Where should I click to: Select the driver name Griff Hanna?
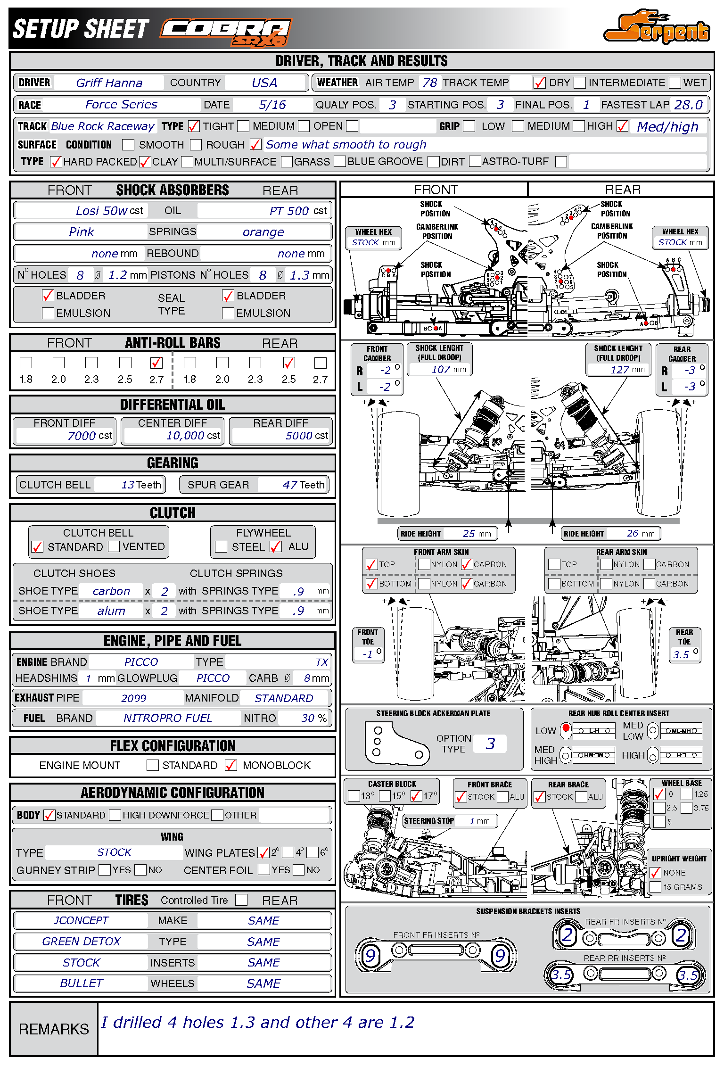click(109, 83)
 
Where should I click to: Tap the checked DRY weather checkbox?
click(539, 83)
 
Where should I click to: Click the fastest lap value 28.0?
click(688, 105)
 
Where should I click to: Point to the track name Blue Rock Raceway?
click(102, 126)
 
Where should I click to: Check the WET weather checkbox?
click(675, 83)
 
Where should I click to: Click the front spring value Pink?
click(81, 232)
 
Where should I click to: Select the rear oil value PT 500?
click(289, 211)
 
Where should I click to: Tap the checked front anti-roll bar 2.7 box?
click(156, 363)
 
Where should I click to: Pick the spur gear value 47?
click(290, 485)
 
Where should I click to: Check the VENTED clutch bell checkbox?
click(114, 546)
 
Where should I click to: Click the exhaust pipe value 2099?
click(133, 698)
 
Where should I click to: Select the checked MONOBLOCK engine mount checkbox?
click(231, 765)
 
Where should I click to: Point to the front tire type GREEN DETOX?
click(81, 942)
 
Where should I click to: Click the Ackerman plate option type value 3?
click(490, 744)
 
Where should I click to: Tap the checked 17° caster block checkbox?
click(416, 796)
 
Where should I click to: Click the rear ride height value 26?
click(632, 533)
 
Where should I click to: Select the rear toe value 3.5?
click(681, 654)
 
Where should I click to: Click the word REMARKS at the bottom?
click(54, 1029)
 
